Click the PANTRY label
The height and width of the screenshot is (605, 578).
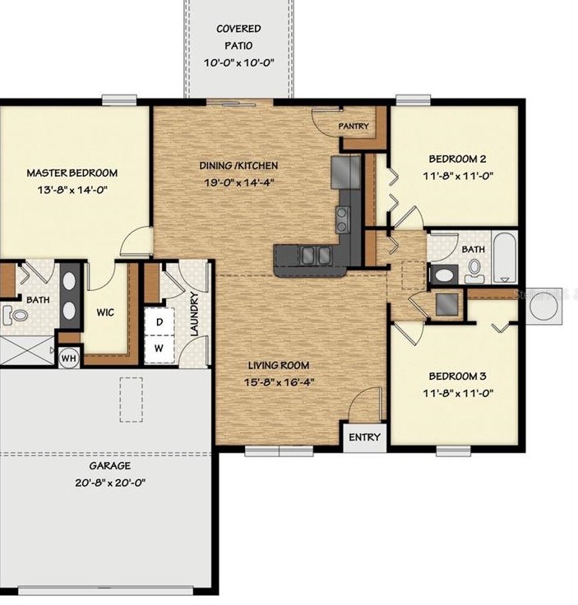point(353,126)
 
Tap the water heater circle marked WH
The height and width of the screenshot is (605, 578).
point(69,358)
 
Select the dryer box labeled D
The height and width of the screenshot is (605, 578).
point(159,321)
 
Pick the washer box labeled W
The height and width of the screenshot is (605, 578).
point(159,349)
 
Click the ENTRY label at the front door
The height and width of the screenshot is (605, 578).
point(364,437)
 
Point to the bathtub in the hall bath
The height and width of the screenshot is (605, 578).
point(505,257)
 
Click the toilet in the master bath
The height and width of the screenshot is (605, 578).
point(15,315)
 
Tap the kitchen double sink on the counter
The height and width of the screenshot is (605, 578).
point(317,255)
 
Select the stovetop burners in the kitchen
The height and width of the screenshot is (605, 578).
point(343,219)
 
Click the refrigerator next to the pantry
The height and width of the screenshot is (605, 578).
point(345,172)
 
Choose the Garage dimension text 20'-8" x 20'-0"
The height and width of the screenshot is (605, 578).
point(110,483)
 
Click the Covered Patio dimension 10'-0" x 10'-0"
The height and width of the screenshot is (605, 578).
point(238,62)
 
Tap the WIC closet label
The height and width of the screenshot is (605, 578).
point(105,312)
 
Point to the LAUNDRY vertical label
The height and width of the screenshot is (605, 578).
point(195,314)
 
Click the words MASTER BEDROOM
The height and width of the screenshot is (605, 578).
point(72,173)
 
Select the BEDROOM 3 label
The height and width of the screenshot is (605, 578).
point(458,376)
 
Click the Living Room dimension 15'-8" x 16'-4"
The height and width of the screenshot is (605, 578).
point(280,382)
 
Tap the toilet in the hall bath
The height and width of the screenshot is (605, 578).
point(474,270)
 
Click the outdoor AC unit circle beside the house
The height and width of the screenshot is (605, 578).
point(544,307)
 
